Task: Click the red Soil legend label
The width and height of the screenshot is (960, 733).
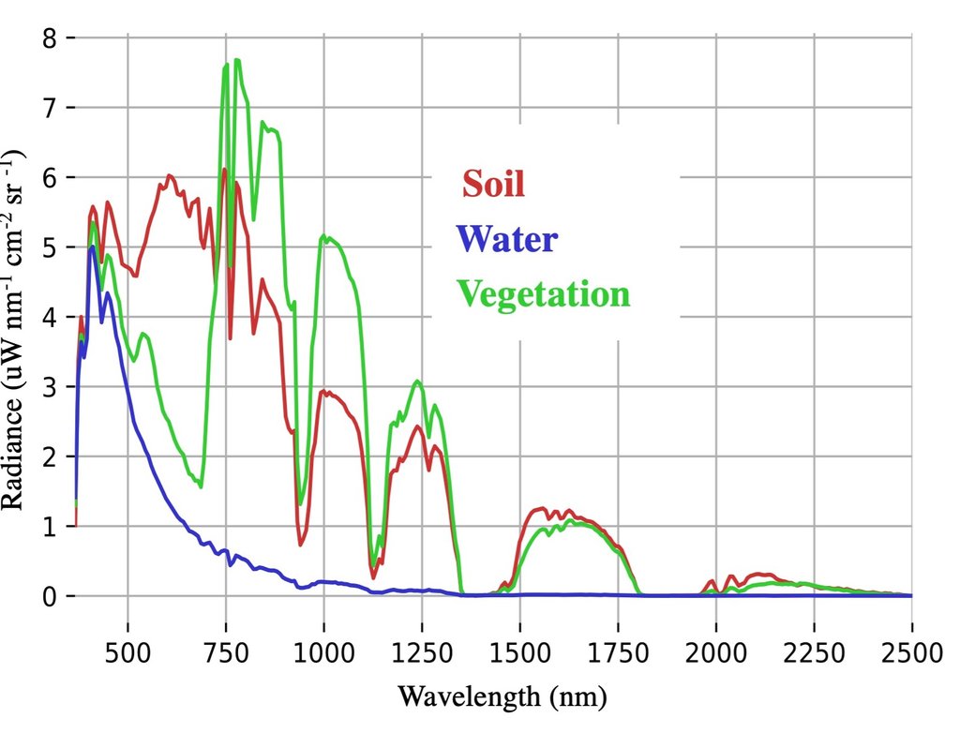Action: pyautogui.click(x=493, y=183)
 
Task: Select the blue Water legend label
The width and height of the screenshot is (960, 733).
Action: pyautogui.click(x=509, y=239)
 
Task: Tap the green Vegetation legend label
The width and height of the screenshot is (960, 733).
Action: pyautogui.click(x=545, y=294)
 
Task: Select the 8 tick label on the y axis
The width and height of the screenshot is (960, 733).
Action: pyautogui.click(x=52, y=38)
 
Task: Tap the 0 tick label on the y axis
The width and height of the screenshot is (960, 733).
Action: pyautogui.click(x=52, y=596)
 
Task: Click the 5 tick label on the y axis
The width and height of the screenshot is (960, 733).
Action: pyautogui.click(x=52, y=247)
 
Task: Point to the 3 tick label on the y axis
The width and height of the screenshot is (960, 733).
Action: pyautogui.click(x=52, y=387)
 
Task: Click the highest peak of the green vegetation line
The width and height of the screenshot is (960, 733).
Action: pyautogui.click(x=237, y=60)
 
